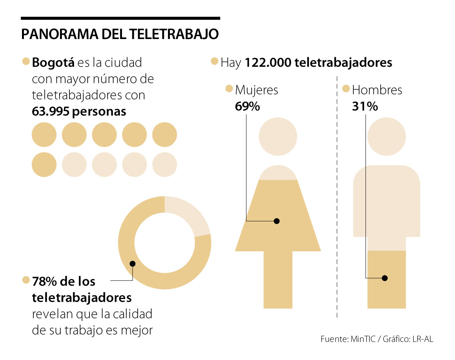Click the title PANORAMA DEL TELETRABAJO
120,34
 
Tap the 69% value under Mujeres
247,106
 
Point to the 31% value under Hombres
365,106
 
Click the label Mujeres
257,90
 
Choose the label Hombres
377,90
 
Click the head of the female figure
278,137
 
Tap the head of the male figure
386,137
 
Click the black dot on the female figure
277,221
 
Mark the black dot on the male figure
385,278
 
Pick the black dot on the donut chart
132,264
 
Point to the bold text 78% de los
64,282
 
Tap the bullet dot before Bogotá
26,62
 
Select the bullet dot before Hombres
345,89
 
